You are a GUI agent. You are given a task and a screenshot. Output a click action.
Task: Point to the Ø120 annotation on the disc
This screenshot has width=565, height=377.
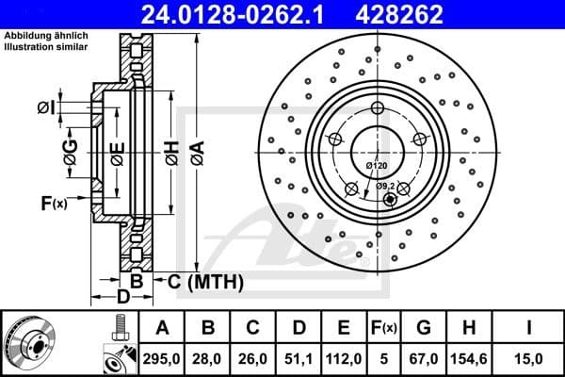[x=376, y=166]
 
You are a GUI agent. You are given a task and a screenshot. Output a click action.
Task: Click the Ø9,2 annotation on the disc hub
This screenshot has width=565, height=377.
[x=385, y=186]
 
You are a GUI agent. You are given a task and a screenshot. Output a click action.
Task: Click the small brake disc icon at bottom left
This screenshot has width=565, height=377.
[x=37, y=342]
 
